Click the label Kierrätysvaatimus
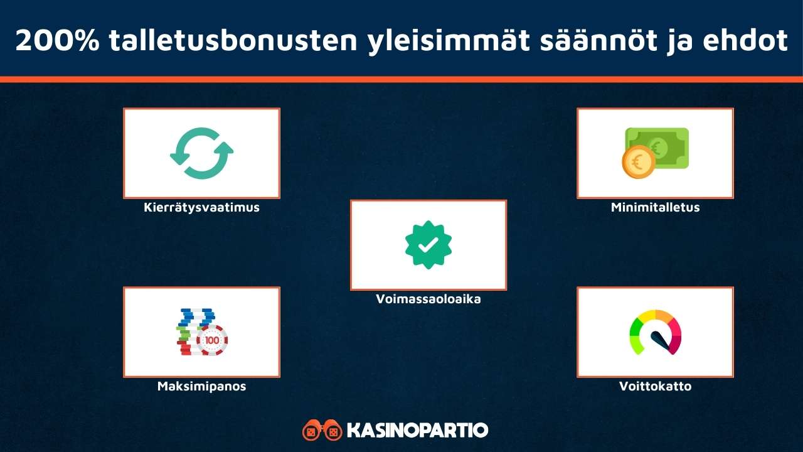point(201,208)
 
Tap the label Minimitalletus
point(655,208)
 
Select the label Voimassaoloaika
point(428,299)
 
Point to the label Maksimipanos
point(201,387)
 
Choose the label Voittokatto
point(655,387)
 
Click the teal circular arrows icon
point(201,153)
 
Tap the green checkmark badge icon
point(428,245)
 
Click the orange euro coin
point(638,162)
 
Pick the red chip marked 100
point(212,341)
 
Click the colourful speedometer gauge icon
point(655,332)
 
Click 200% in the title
point(56,41)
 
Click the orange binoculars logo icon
point(322,431)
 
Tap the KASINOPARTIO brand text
point(417,431)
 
